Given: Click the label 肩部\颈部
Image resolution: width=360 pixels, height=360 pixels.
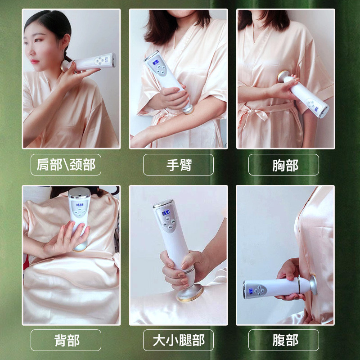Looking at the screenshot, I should point(66,165).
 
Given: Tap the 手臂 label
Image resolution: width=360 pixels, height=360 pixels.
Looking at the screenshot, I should point(178,165).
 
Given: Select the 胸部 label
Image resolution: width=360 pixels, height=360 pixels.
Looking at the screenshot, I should point(285,165).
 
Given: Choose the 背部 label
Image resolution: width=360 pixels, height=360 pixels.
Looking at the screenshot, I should point(66,340).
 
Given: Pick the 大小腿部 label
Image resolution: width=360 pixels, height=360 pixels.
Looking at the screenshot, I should point(178,340).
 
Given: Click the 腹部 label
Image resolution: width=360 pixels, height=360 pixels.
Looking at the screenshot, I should point(285,340).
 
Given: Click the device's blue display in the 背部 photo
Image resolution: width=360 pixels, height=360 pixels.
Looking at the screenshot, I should point(80,205).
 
